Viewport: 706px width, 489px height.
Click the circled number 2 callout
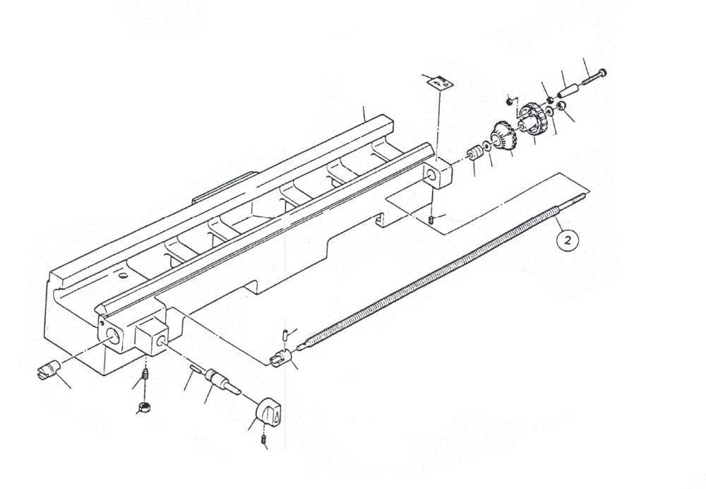(569, 240)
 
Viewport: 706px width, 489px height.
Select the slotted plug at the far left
(49, 370)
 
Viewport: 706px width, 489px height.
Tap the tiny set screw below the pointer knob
(264, 442)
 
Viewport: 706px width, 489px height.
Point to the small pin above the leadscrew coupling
(283, 333)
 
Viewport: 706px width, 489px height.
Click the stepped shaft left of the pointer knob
(220, 382)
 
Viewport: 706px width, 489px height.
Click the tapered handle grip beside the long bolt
(568, 91)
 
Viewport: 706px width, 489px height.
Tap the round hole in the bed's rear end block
(430, 173)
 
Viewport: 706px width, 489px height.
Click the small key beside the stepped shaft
(194, 368)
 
